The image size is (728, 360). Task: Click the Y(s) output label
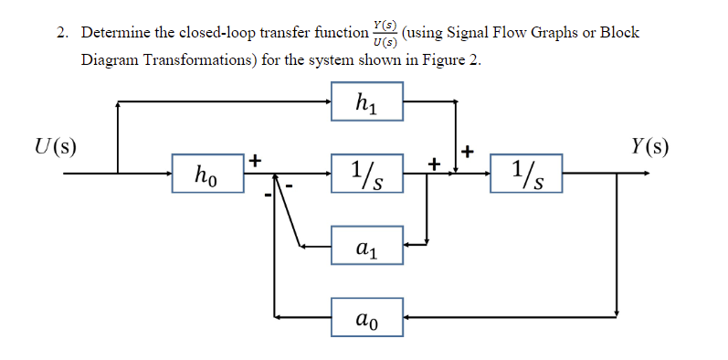(649, 146)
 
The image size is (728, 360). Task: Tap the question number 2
(59, 33)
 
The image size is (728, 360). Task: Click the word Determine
(115, 33)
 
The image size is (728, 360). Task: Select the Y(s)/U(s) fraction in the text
(385, 34)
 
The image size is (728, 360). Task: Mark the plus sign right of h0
(256, 160)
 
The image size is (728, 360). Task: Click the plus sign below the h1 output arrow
(469, 150)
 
